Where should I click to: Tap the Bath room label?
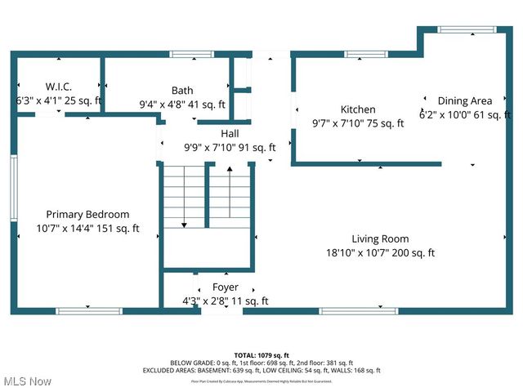(182, 91)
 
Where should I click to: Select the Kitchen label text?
(358, 109)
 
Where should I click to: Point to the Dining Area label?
(464, 100)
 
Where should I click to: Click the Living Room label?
(380, 239)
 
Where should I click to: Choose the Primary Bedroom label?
(87, 215)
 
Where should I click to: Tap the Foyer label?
(226, 287)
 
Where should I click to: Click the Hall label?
(230, 134)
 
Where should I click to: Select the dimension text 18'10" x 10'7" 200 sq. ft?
(380, 253)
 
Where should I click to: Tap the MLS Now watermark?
(26, 381)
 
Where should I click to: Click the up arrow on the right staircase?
(230, 170)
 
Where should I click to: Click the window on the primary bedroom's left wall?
(14, 188)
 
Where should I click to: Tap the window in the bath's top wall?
(186, 55)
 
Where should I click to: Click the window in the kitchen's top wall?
(360, 55)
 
